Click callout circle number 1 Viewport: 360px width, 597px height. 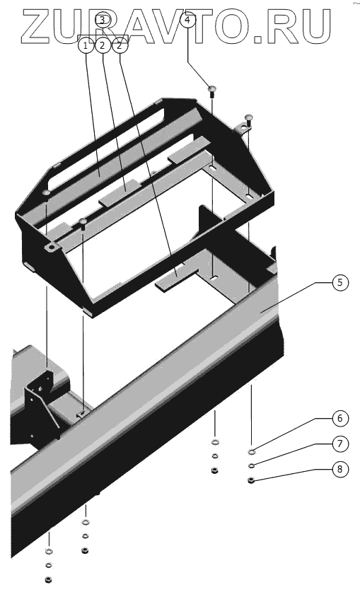point(86,46)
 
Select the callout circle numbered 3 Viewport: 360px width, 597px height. point(103,19)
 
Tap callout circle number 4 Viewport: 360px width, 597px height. point(187,19)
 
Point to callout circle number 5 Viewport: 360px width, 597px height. point(339,282)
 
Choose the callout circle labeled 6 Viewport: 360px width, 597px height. point(339,419)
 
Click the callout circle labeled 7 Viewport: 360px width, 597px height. point(339,444)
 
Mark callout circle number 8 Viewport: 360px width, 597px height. point(339,469)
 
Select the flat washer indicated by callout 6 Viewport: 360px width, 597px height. point(251,452)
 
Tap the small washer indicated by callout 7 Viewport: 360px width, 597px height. point(251,465)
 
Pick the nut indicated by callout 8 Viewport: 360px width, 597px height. point(251,480)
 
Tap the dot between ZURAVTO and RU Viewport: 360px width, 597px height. point(258,38)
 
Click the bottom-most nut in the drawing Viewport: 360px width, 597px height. point(48,580)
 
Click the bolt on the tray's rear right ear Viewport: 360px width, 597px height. point(248,118)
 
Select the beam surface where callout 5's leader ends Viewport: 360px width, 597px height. point(262,311)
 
